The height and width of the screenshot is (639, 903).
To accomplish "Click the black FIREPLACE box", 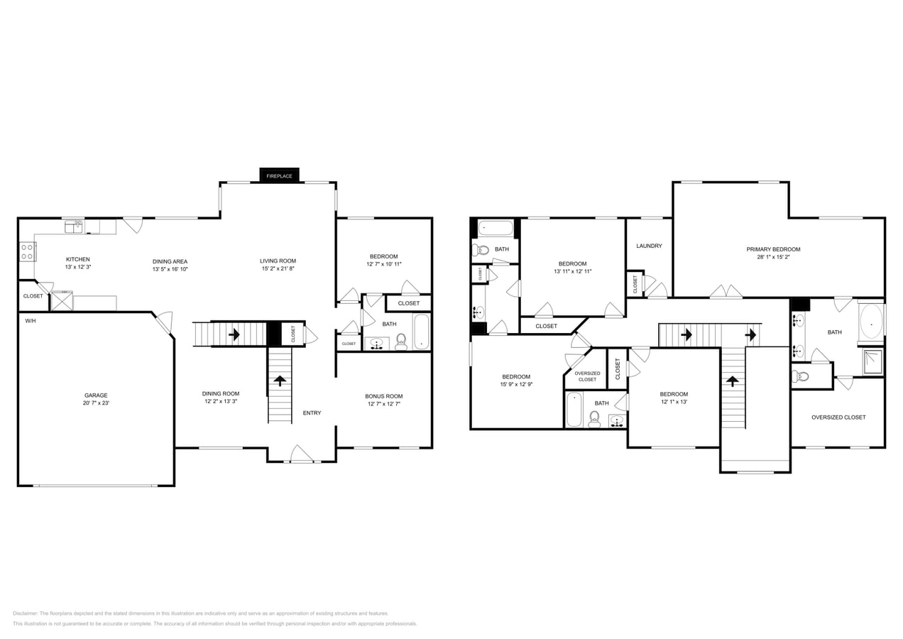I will pos(279,175).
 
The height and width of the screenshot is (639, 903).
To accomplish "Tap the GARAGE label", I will pos(96,395).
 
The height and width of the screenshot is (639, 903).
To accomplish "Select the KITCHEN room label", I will pos(78,259).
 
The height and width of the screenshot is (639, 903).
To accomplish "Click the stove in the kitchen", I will pos(28,251).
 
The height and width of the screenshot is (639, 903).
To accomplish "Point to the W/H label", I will pos(31,322).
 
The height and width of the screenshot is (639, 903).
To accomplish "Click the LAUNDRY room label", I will pos(649,246).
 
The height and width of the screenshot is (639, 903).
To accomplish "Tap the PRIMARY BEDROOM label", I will pos(773,249).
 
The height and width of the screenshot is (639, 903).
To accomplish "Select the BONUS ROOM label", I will pos(384,396).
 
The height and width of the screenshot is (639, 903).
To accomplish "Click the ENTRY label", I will pos(312,413).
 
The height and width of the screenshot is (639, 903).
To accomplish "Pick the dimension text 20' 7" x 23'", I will pos(96,403).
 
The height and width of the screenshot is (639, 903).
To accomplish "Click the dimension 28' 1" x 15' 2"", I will pos(773,257).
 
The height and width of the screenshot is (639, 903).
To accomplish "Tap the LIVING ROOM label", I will pos(278,261).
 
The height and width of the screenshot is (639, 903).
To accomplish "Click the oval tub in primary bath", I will pos(871,324).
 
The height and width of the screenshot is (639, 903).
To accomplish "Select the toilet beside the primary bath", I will pos(802,376).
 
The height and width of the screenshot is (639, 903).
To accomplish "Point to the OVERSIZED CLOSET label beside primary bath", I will pos(838,417).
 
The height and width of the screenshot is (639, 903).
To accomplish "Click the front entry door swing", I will pos(301,454).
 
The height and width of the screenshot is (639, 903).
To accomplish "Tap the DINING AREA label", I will pos(170,261).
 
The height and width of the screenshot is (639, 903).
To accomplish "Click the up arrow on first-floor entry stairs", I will pos(280,381).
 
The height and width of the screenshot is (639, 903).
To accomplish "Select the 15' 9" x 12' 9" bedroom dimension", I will pos(516,384).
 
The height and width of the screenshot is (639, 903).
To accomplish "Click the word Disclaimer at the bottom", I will pos(25,613).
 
